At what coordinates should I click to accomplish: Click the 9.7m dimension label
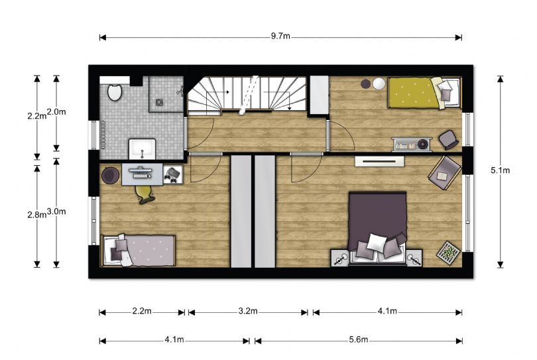280,36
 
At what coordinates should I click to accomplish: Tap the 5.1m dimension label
500,170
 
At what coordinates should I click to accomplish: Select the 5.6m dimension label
359,339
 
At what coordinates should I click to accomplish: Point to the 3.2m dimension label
248,311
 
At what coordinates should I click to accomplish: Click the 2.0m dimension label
56,111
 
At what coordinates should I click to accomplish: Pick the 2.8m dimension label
37,215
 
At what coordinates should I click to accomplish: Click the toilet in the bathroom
115,91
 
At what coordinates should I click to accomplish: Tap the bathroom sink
142,149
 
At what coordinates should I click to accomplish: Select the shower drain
159,101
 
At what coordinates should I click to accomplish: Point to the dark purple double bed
377,229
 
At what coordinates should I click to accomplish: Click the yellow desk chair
145,194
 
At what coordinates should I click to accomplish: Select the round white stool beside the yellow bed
379,84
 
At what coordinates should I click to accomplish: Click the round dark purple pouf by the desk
110,176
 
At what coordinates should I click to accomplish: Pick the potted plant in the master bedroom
449,253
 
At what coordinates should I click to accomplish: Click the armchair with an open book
445,172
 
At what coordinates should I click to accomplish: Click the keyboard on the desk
141,176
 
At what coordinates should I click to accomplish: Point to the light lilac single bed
138,251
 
